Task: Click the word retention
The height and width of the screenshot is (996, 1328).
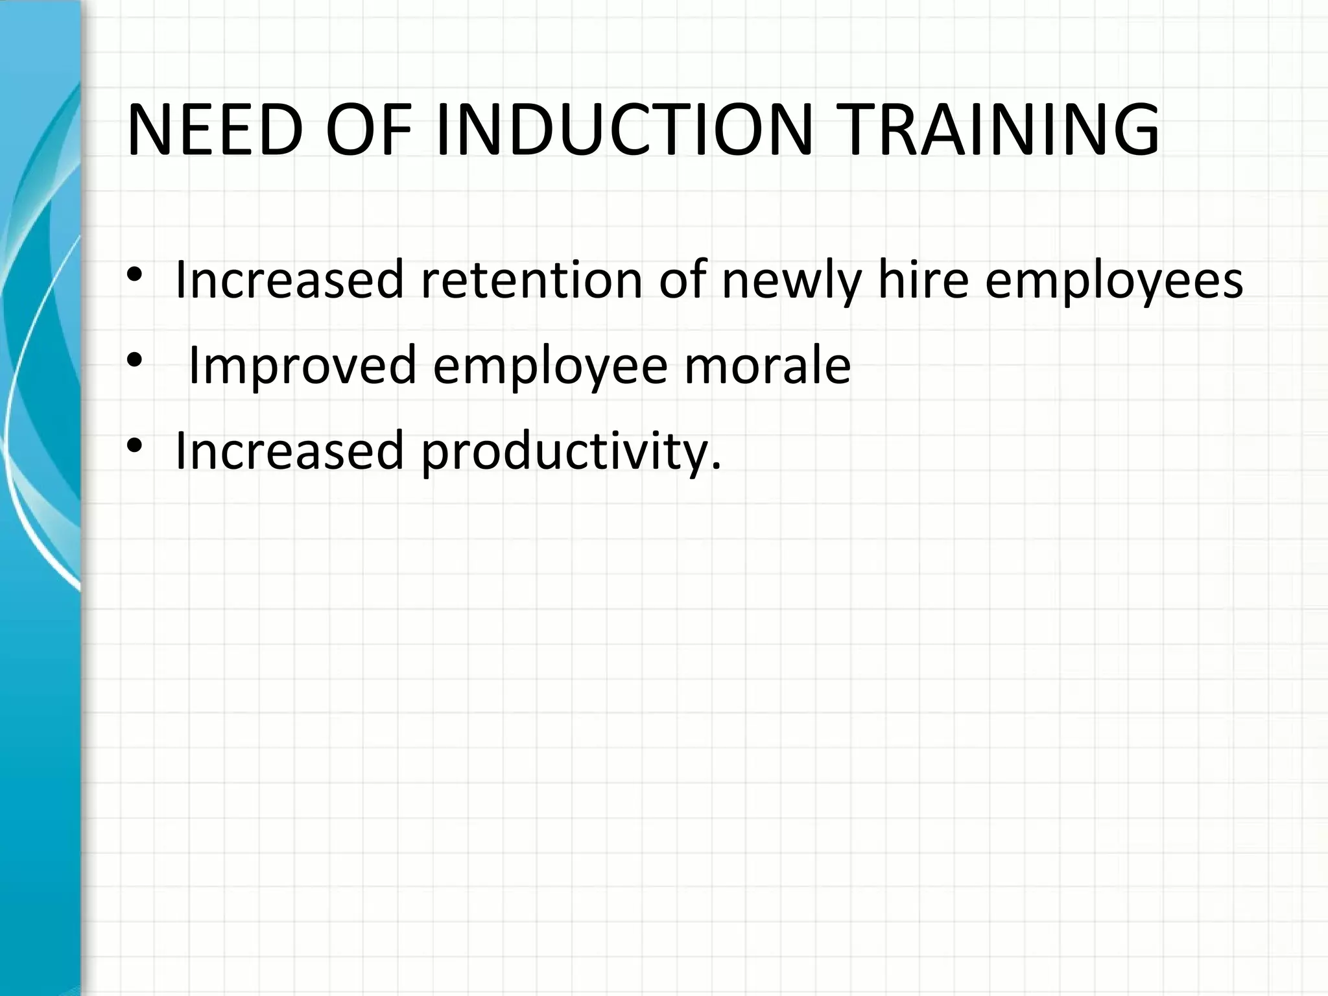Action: tap(531, 280)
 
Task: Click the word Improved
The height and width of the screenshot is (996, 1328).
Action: tap(302, 366)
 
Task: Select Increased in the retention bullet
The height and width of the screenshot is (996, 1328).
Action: tap(289, 280)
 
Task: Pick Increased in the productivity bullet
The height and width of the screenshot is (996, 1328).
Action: tap(289, 450)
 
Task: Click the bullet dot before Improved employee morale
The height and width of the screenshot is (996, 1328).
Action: tap(134, 360)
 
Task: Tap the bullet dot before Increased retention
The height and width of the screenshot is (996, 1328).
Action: tap(134, 275)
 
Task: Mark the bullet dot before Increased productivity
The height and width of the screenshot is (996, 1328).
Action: tap(134, 445)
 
